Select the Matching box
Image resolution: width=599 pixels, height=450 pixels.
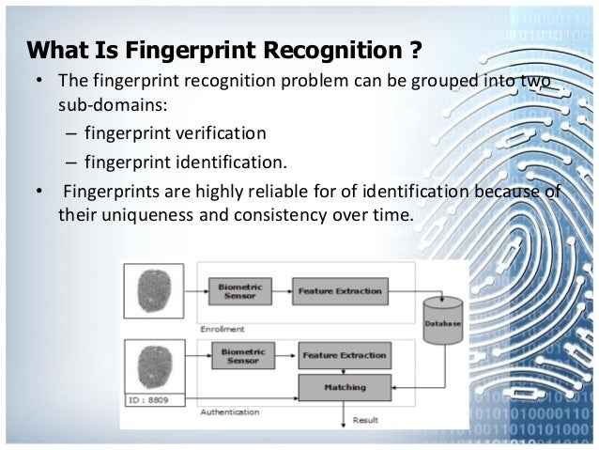tap(345, 387)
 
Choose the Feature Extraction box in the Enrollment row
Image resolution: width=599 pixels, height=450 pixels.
tap(340, 290)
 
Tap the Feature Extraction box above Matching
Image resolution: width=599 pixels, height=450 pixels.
tap(343, 356)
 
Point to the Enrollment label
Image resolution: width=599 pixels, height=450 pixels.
tap(223, 330)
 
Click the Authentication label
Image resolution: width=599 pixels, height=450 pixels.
tap(231, 412)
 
